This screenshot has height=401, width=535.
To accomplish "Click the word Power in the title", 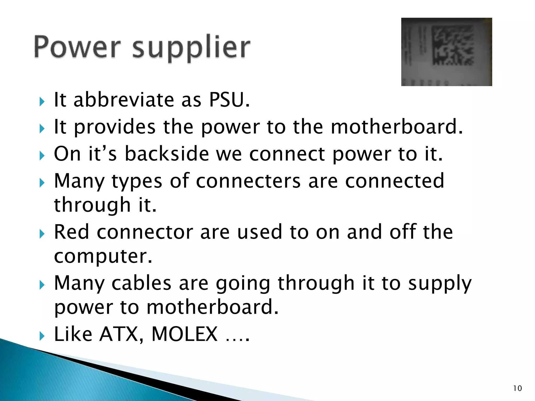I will [x=77, y=47].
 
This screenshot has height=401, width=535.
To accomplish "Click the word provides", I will [x=115, y=127].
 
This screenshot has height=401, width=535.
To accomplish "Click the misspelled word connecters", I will [x=248, y=181].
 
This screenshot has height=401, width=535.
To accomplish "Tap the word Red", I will [x=71, y=232].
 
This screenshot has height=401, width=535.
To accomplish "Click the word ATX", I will [x=119, y=334].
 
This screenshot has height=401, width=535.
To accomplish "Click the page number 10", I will [x=517, y=388].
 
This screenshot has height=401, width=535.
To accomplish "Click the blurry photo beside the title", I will [x=446, y=52].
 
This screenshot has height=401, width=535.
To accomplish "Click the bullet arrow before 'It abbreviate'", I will [x=42, y=102].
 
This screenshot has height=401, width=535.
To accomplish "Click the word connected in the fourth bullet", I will [x=394, y=181].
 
